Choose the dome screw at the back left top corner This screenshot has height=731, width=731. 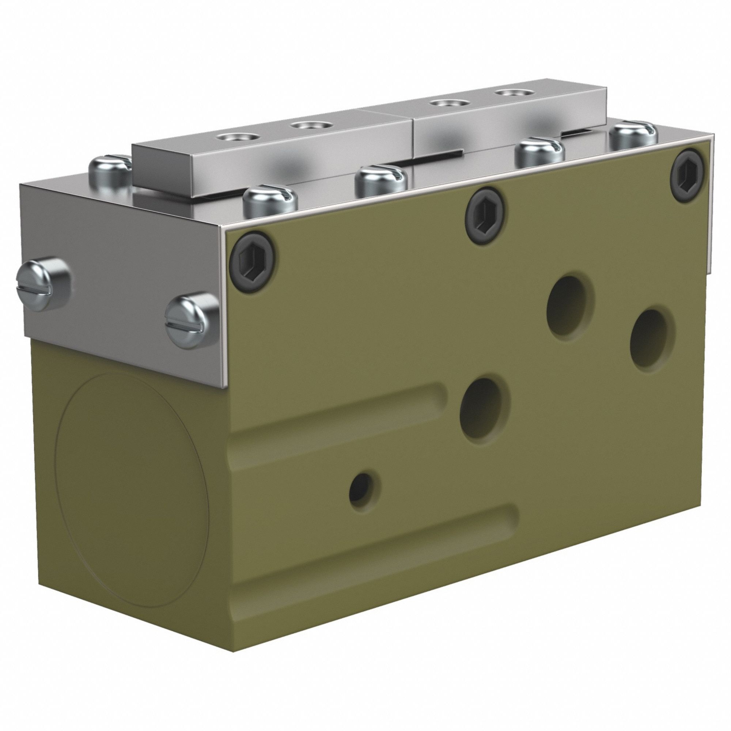[x=110, y=170]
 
